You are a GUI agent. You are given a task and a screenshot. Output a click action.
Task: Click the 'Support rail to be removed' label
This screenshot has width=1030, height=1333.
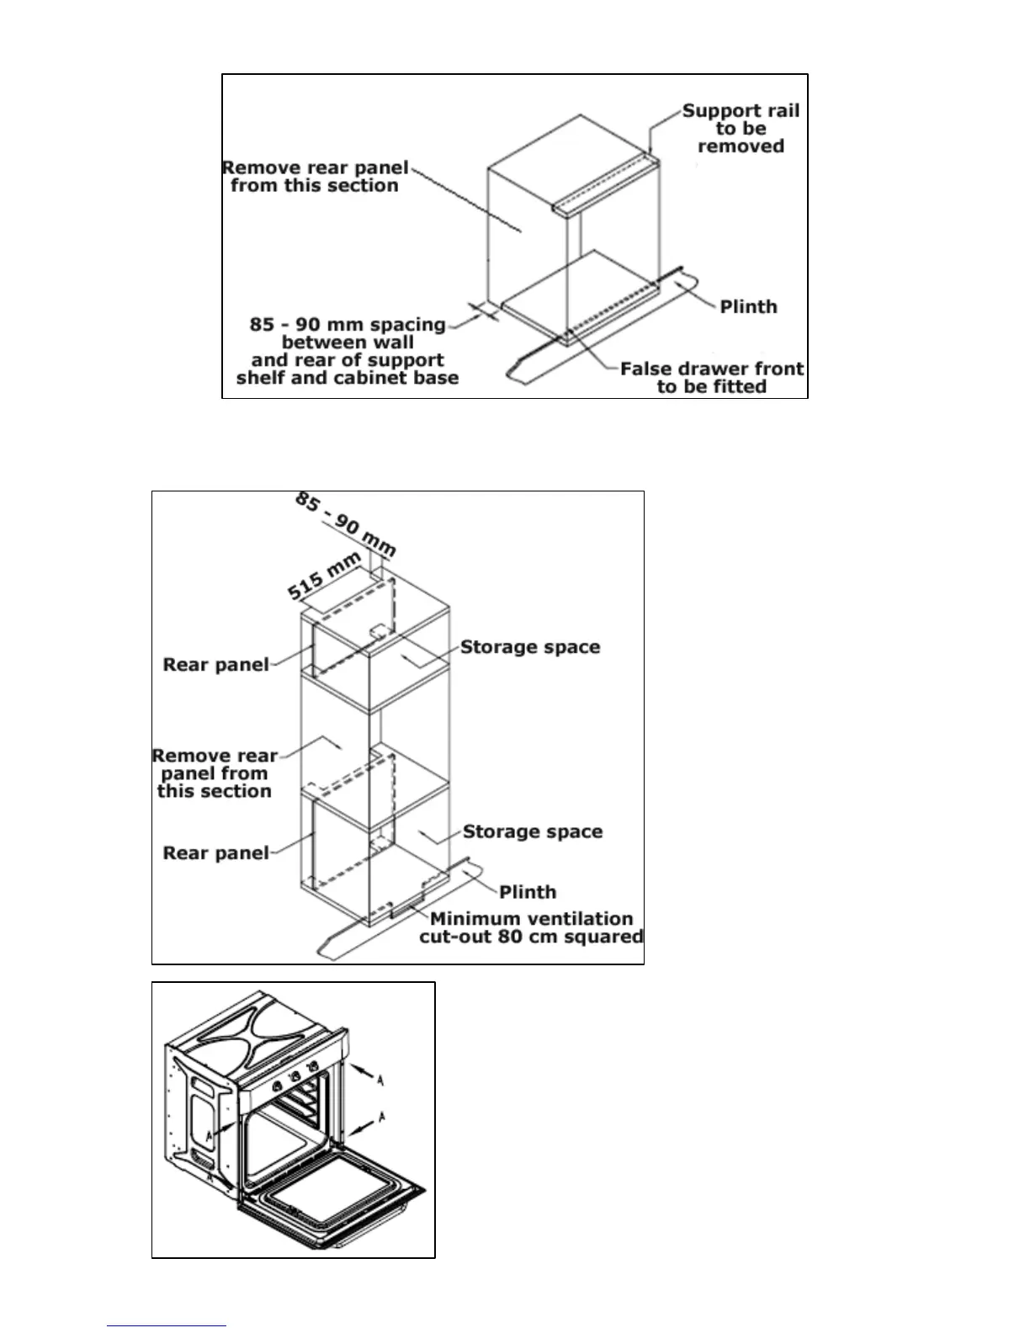[x=741, y=128]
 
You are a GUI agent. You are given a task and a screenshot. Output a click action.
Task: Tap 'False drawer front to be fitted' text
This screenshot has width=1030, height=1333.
[x=712, y=377]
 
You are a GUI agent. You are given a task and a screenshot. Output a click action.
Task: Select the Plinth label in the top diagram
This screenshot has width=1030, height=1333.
[x=748, y=306]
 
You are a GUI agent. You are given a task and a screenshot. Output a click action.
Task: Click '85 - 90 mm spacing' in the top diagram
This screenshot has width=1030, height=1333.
[x=348, y=325]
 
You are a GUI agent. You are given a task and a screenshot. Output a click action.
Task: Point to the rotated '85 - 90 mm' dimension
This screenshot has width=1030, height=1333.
[x=345, y=524]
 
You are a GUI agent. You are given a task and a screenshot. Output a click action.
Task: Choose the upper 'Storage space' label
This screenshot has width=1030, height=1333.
[x=530, y=647]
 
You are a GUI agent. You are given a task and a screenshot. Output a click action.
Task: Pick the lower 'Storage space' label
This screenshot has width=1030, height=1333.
[x=533, y=831]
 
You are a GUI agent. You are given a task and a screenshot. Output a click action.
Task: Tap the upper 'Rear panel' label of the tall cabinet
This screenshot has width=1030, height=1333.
[x=216, y=665]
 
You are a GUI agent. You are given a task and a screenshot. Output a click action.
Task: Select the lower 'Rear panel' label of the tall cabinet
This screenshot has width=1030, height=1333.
[x=216, y=853]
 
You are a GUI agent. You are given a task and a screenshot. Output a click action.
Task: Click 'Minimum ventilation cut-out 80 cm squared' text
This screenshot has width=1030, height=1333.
[x=532, y=927]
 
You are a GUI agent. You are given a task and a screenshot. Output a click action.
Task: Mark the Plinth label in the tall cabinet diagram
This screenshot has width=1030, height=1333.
[x=528, y=892]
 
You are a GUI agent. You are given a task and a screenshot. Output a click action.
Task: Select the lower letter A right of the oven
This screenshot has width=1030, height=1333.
[x=382, y=1118]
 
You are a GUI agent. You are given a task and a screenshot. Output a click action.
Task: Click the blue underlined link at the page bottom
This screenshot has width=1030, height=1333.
[x=167, y=1325]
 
